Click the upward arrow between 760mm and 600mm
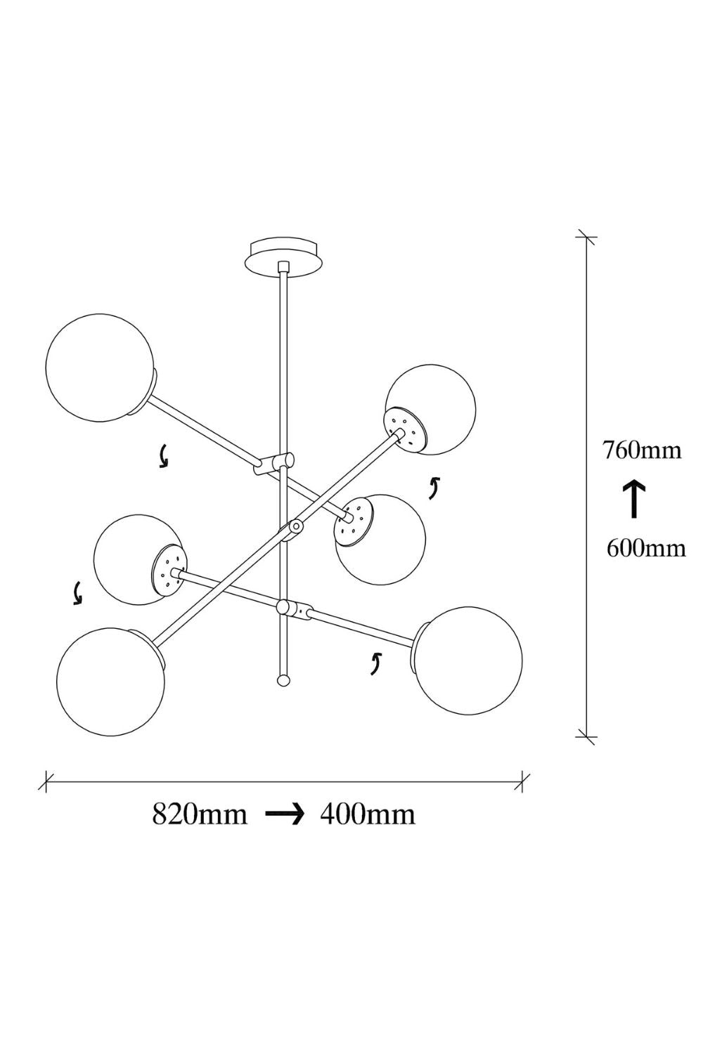pyautogui.click(x=634, y=499)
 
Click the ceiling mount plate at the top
pyautogui.click(x=283, y=256)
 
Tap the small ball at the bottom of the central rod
pyautogui.click(x=283, y=680)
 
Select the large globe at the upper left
pyautogui.click(x=100, y=367)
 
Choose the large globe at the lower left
pyautogui.click(x=110, y=682)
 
